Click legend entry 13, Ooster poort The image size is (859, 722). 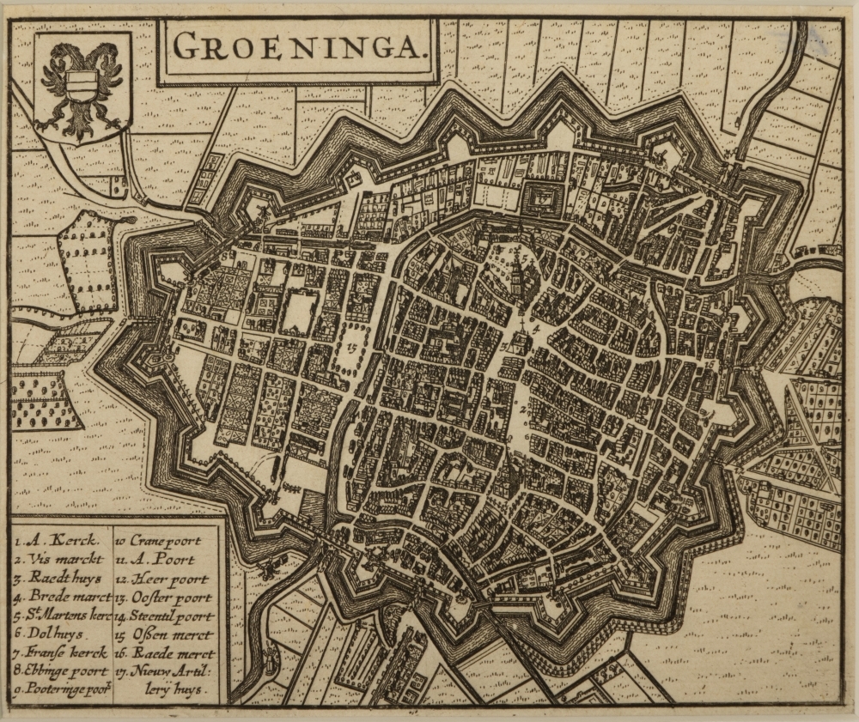point(165,597)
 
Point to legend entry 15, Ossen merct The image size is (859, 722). point(163,634)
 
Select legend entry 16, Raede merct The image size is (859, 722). point(165,653)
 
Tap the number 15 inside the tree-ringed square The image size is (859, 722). point(356,348)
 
